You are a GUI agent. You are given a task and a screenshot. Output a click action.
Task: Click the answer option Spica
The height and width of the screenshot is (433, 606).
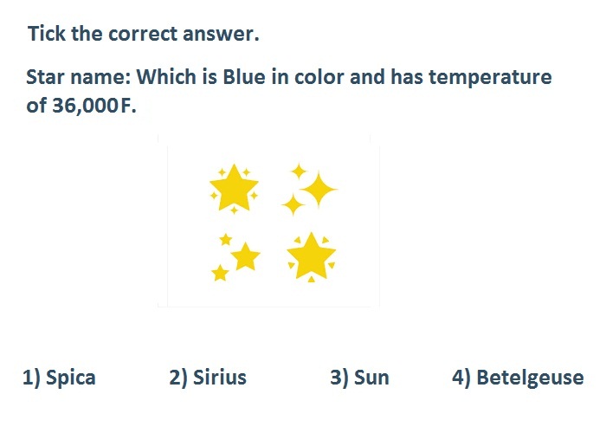(x=59, y=378)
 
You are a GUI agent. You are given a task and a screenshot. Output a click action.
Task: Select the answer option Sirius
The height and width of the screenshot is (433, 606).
(x=208, y=377)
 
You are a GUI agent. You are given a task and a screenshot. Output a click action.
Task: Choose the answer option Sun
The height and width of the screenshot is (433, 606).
(x=359, y=378)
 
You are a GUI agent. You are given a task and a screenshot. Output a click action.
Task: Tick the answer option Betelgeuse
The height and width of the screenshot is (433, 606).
(x=518, y=378)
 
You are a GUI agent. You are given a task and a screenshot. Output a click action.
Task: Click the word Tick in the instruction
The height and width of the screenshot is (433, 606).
(x=47, y=33)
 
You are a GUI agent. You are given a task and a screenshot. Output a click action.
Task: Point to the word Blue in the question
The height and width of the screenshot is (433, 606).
(x=244, y=76)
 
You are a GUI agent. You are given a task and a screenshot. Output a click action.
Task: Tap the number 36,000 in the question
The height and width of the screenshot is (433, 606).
(x=85, y=105)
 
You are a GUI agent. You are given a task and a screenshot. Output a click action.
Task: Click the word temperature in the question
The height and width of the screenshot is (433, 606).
(x=490, y=77)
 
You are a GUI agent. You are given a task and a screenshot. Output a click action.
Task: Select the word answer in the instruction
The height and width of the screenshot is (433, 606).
(x=221, y=34)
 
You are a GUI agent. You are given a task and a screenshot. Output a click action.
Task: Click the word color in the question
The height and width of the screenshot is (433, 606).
(x=319, y=77)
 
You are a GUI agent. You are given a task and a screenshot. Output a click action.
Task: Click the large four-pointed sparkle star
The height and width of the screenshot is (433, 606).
(x=319, y=190)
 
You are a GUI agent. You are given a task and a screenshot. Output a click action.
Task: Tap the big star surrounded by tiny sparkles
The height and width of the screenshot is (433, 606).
(x=234, y=188)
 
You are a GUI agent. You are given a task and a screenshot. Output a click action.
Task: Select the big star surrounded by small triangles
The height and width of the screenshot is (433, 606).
(x=311, y=256)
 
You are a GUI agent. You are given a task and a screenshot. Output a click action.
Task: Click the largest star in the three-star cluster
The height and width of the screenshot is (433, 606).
(x=245, y=256)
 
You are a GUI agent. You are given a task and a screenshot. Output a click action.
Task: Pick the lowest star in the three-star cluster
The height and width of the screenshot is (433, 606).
(x=220, y=273)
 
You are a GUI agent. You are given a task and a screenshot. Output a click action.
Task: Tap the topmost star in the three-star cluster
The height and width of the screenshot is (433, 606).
(x=225, y=240)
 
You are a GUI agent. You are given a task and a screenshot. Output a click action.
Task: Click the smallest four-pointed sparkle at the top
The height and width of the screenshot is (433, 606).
(x=299, y=171)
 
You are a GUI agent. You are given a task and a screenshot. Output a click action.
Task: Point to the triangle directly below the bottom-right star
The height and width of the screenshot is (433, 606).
(x=311, y=279)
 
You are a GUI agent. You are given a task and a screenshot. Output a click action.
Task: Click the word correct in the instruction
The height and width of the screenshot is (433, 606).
(x=143, y=34)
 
